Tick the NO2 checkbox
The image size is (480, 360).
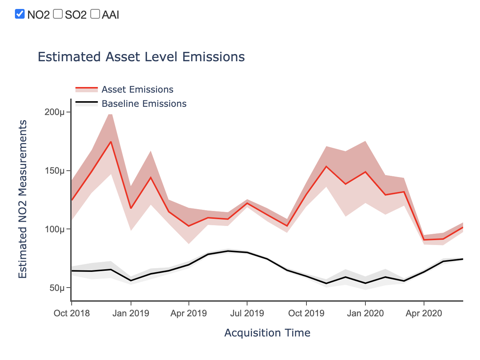[20, 14]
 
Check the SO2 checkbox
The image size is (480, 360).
[58, 14]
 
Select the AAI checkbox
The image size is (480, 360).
[95, 14]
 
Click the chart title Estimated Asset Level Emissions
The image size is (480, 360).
[141, 57]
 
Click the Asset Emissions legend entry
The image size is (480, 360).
[137, 90]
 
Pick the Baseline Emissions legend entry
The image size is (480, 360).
[144, 104]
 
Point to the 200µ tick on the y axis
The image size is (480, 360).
[54, 112]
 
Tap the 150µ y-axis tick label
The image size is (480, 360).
[54, 171]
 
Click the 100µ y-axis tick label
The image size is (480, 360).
[54, 229]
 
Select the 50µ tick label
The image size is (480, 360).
[57, 288]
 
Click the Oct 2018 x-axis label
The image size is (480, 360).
[72, 313]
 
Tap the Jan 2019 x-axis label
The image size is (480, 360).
[131, 313]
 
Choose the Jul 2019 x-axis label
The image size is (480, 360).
[247, 313]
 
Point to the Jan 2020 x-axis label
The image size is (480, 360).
[365, 313]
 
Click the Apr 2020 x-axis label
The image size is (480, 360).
[424, 313]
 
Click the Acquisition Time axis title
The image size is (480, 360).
[267, 333]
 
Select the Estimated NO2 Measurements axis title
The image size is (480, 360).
[23, 199]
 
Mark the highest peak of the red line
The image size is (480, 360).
[110, 142]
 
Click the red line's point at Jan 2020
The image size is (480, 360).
[365, 172]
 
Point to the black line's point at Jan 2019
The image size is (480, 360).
[131, 280]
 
